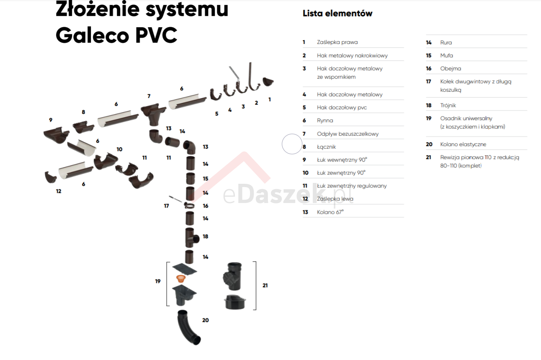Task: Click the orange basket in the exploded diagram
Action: pos(180,278)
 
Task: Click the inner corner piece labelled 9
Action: pos(56,136)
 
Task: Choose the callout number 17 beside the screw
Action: pos(166,206)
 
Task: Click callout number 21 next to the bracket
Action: pos(265,285)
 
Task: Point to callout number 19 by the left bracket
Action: pos(158,281)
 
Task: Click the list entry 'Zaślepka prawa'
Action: pos(337,42)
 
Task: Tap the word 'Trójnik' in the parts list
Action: pos(448,105)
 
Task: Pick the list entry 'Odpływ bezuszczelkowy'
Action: pos(348,134)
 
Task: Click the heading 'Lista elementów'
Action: pos(337,13)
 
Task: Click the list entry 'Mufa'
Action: pos(446,56)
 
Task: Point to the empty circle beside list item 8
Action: pos(292,144)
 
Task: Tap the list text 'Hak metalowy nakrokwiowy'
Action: pos(352,55)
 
